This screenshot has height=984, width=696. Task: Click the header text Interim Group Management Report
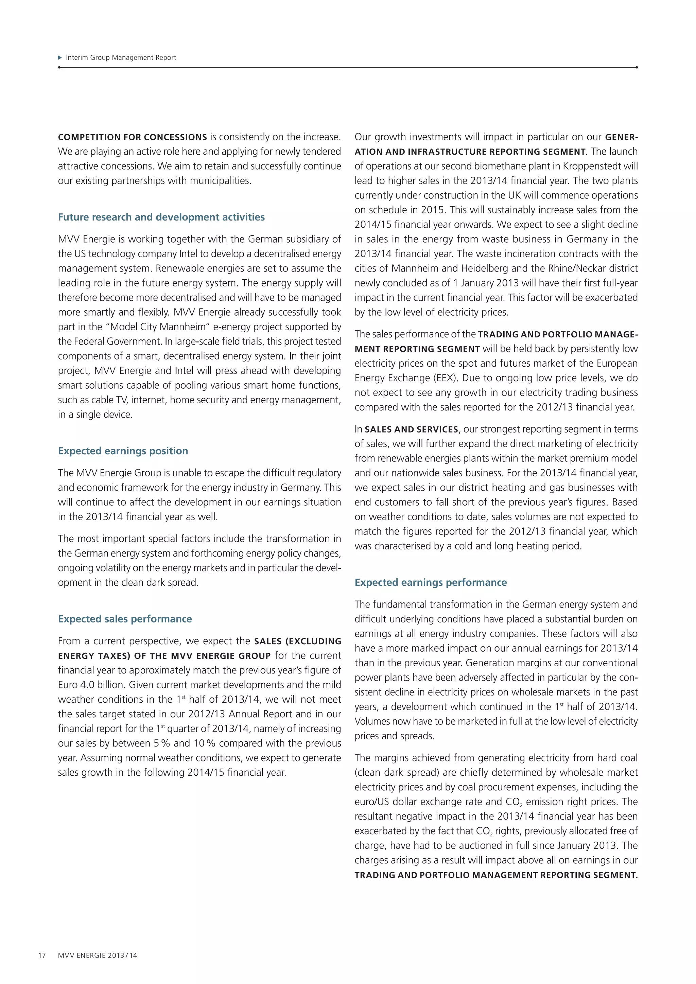(x=121, y=57)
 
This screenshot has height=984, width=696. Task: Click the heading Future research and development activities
(x=161, y=217)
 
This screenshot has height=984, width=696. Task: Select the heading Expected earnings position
(x=123, y=451)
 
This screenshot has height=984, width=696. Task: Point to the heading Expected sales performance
(x=125, y=619)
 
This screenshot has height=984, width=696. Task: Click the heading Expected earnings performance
(x=430, y=582)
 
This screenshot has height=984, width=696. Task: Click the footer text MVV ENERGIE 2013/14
(x=98, y=955)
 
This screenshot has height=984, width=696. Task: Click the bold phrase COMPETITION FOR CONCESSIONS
(x=133, y=137)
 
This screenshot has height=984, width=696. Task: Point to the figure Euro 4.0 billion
(x=92, y=685)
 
